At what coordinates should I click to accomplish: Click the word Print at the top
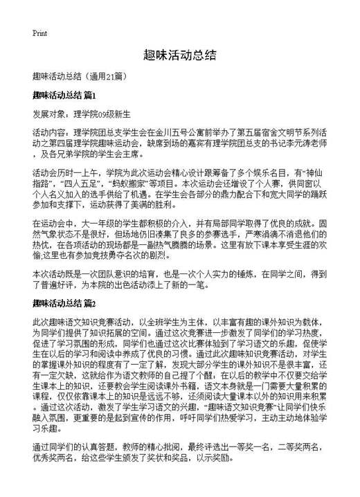[x=39, y=33]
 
